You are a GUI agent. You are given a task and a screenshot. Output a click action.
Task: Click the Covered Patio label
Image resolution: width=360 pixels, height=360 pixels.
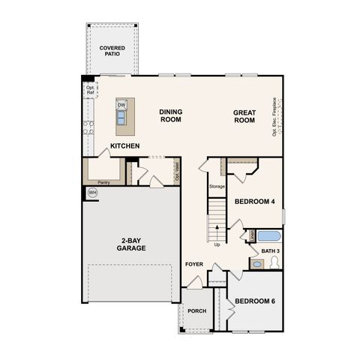click(x=112, y=52)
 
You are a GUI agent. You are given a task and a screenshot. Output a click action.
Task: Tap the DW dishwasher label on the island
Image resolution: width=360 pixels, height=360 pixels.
click(x=121, y=105)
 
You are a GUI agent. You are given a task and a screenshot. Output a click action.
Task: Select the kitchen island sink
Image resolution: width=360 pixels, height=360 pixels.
click(x=121, y=116)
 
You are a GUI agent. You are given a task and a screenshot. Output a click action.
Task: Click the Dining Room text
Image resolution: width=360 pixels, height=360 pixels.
click(x=170, y=116)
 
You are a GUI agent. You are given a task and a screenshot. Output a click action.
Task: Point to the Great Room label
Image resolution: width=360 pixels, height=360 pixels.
click(x=244, y=116)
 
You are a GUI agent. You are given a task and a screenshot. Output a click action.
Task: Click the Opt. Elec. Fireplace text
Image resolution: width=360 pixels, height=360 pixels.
click(x=275, y=116)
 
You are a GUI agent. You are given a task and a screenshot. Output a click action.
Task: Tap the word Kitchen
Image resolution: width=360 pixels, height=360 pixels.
click(x=124, y=145)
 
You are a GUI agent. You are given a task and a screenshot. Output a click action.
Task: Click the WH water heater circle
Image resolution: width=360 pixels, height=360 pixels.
click(x=93, y=193)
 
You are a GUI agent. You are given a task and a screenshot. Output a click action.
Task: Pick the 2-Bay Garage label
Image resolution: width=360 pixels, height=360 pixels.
click(x=130, y=244)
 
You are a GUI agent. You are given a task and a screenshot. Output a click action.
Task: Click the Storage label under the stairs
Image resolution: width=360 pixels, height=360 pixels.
click(x=217, y=186)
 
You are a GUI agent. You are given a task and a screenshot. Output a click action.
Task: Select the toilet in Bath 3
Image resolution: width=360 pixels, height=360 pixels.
click(x=274, y=262)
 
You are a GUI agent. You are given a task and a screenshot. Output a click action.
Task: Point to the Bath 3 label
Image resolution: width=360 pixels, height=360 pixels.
click(x=270, y=250)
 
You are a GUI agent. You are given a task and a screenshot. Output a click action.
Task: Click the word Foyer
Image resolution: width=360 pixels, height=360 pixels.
click(x=194, y=264)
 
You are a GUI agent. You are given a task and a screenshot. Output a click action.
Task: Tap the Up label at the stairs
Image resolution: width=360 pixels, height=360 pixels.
click(x=217, y=244)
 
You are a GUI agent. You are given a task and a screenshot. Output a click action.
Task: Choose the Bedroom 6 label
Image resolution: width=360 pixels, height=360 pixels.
click(x=255, y=301)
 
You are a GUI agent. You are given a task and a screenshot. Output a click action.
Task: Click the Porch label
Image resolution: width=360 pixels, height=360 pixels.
click(x=196, y=311)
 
